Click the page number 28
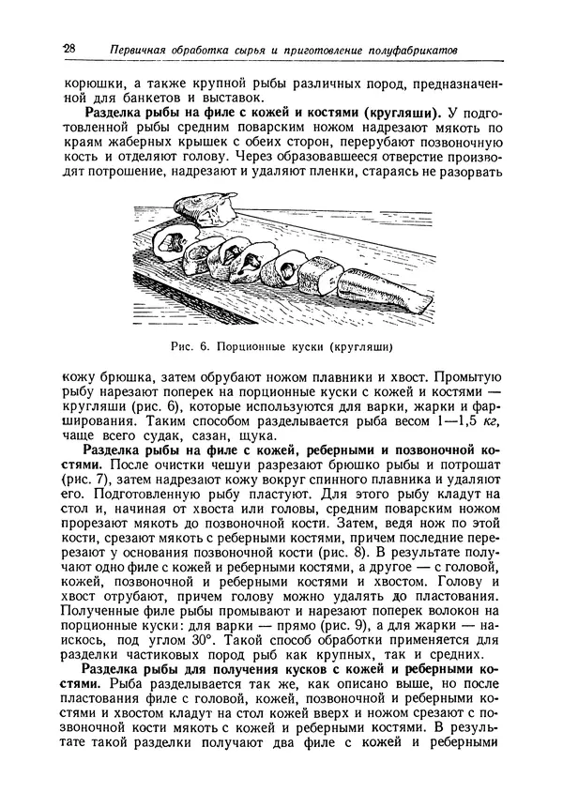(x=68, y=48)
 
